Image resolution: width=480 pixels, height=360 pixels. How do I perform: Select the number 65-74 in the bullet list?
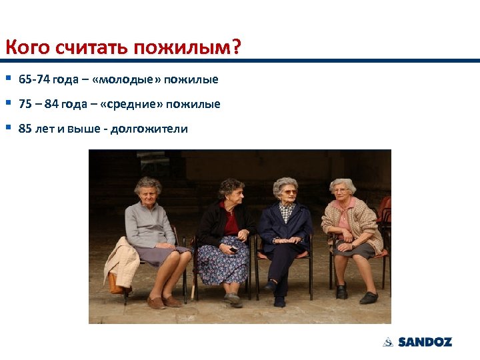tap(33, 80)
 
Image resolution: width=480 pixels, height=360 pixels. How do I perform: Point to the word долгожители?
tap(149, 129)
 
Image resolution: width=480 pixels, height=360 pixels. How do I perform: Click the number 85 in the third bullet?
tap(25, 129)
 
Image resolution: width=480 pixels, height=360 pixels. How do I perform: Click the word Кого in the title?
tap(21, 48)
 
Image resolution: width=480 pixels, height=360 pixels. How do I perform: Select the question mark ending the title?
tap(237, 48)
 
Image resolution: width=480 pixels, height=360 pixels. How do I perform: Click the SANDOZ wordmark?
tap(425, 342)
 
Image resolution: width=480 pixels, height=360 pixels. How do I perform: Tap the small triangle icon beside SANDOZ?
tap(387, 342)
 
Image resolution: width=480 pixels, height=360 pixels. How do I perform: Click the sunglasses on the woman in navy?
tap(287, 192)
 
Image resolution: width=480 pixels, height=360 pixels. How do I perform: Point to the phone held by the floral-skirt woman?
tap(233, 250)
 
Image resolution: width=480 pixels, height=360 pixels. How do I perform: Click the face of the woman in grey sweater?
tap(147, 191)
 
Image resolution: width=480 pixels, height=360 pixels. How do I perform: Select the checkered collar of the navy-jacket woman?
tap(287, 211)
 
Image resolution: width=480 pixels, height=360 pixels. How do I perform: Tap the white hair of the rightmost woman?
tap(343, 183)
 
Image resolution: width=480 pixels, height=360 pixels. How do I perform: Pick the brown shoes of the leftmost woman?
tap(164, 302)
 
